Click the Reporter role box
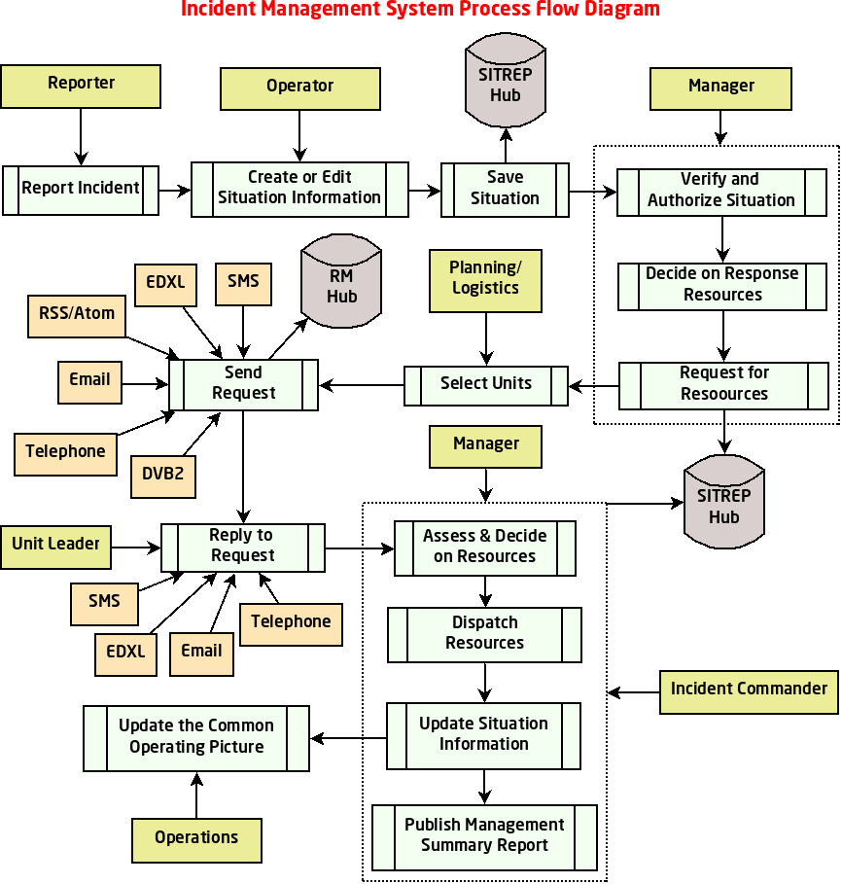pyautogui.click(x=82, y=86)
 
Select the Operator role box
pyautogui.click(x=299, y=88)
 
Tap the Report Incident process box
pyautogui.click(x=81, y=190)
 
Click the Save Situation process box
pyautogui.click(x=505, y=189)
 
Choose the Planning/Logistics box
pyautogui.click(x=485, y=280)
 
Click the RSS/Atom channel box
pyautogui.click(x=77, y=315)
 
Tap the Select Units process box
pyautogui.click(x=486, y=385)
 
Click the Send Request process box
pyautogui.click(x=243, y=384)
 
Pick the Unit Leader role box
pyautogui.click(x=56, y=546)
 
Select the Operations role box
pyautogui.click(x=196, y=839)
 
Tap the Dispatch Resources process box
pyautogui.click(x=484, y=634)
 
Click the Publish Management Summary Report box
pyautogui.click(x=484, y=836)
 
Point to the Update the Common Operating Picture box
pyautogui.click(x=196, y=738)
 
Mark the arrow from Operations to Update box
pyautogui.click(x=196, y=795)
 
